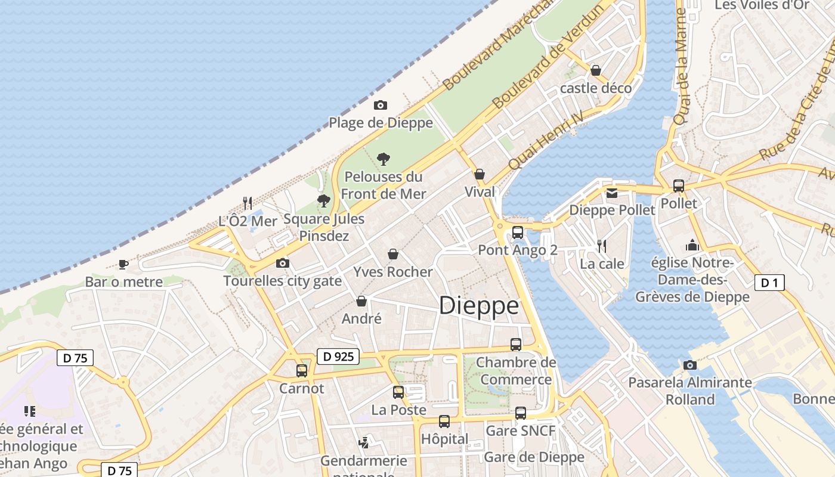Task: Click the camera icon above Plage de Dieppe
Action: [380, 106]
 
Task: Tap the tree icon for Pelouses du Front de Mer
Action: [384, 159]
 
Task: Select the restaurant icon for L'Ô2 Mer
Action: [248, 203]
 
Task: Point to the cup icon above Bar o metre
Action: [123, 264]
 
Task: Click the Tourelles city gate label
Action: [283, 281]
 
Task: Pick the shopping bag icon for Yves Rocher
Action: [393, 255]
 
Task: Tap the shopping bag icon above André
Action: [361, 302]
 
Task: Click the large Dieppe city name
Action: [479, 306]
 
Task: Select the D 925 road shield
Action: [339, 357]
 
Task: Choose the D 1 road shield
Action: [769, 283]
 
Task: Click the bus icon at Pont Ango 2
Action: [517, 233]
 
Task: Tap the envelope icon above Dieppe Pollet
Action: [612, 193]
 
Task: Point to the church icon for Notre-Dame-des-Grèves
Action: [692, 245]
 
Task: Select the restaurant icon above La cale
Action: [602, 246]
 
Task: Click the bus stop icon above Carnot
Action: [302, 370]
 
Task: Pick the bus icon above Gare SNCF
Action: [521, 413]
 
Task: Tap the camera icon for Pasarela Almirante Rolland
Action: [690, 365]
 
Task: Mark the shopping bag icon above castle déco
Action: [595, 70]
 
